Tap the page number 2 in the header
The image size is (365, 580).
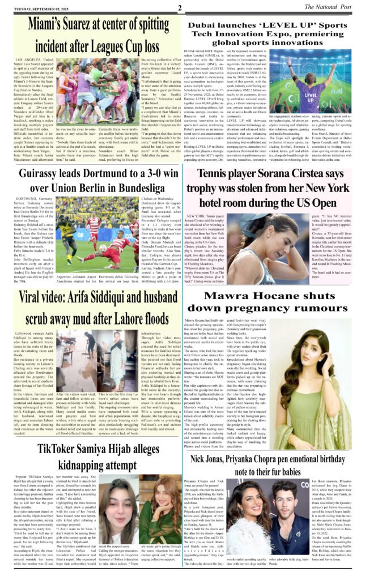179,8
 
